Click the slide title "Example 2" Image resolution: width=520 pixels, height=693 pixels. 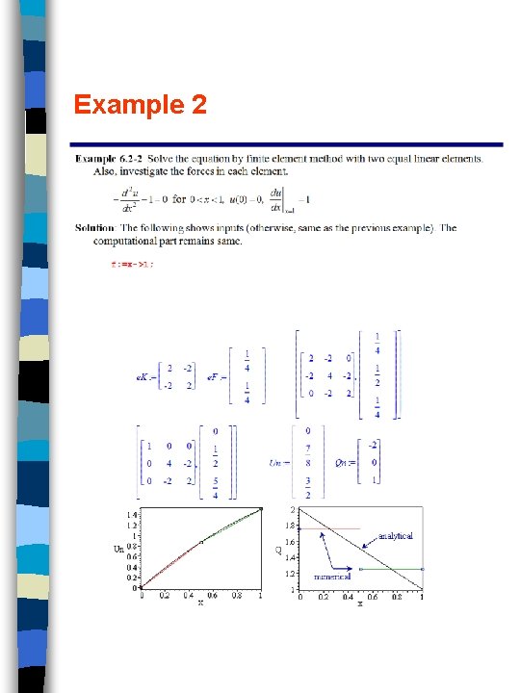point(141,104)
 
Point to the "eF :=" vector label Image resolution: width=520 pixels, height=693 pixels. point(218,377)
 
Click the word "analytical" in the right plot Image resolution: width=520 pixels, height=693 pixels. point(396,535)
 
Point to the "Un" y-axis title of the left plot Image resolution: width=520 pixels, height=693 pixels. point(118,550)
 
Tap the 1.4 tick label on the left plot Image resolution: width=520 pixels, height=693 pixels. point(131,514)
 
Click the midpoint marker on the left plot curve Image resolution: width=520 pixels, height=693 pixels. point(201,542)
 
